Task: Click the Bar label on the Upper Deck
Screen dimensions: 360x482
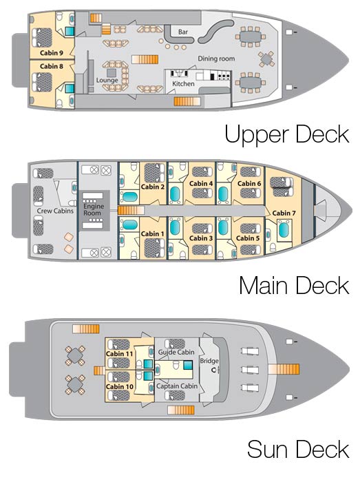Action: [183, 32]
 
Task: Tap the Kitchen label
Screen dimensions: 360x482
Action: [183, 83]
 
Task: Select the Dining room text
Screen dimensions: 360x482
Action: [216, 59]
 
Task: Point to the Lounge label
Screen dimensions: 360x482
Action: [107, 81]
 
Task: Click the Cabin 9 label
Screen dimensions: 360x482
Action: [52, 53]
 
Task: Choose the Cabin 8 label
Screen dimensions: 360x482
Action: [52, 66]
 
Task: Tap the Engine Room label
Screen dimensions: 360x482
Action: [94, 209]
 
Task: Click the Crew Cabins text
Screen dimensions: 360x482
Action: [55, 211]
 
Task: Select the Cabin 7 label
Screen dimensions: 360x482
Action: [284, 213]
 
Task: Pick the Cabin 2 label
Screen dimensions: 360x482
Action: [153, 187]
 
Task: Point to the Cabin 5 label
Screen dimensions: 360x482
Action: [248, 238]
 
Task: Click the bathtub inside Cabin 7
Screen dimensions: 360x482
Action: [284, 230]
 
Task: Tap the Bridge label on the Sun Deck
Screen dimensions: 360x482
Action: [209, 361]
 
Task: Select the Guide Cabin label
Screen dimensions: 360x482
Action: [176, 353]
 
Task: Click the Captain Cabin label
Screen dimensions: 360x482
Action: [177, 386]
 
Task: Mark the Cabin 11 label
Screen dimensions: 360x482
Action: [120, 354]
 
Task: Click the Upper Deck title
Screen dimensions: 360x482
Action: [287, 135]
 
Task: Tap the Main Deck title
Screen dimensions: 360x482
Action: [295, 285]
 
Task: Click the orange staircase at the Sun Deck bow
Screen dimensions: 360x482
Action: [284, 369]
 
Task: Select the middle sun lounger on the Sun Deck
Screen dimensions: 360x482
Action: [250, 369]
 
